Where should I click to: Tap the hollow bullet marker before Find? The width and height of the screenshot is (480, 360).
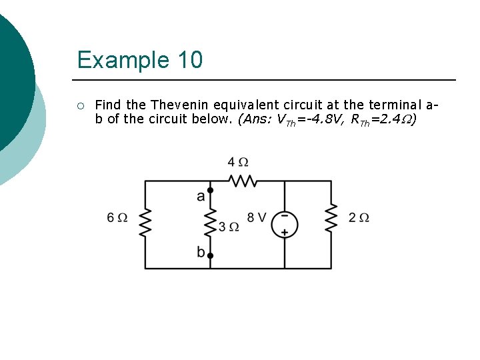click(80, 105)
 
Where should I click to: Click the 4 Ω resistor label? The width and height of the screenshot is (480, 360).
click(238, 162)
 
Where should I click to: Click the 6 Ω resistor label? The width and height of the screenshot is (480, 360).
click(117, 217)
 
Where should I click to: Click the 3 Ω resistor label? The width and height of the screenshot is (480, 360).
click(229, 227)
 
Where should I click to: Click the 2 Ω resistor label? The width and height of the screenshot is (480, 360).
click(359, 217)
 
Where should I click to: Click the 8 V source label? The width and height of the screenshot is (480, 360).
click(257, 217)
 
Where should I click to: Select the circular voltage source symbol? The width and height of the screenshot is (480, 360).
click(285, 224)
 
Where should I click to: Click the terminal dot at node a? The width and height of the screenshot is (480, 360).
click(210, 191)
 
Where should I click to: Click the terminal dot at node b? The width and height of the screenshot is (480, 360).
click(210, 255)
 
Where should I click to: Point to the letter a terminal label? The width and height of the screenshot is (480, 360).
click(201, 196)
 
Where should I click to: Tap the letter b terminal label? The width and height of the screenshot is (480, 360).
click(201, 252)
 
